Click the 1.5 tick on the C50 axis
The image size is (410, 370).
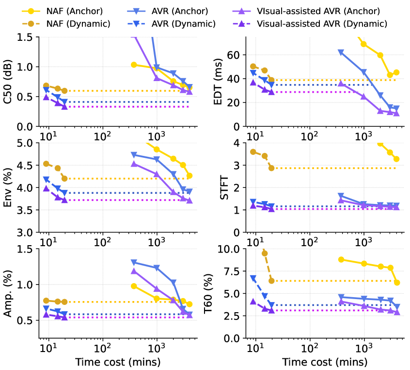27,37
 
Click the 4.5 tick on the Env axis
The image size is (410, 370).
27,166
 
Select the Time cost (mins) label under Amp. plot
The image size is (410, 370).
118,362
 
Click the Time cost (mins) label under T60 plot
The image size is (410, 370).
325,362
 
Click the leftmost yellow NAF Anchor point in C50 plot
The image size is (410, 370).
134,65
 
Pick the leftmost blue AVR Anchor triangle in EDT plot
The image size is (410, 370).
341,52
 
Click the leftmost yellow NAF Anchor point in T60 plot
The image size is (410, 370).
341,259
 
